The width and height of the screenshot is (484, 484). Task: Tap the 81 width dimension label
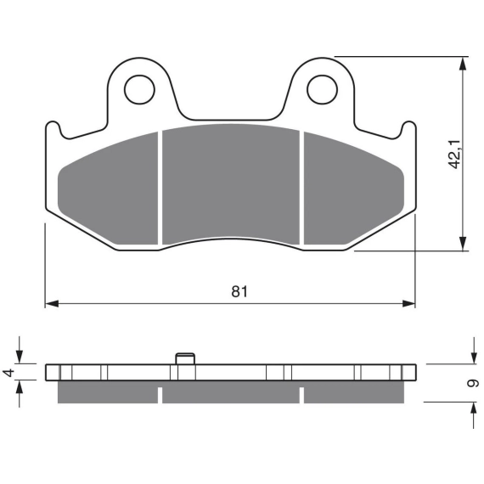(239, 291)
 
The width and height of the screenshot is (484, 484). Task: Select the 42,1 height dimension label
(454, 155)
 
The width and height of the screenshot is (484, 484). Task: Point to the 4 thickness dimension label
(8, 373)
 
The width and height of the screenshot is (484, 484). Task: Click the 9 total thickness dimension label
(473, 383)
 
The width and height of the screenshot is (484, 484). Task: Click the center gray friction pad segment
(231, 184)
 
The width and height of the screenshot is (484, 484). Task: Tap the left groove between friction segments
(160, 189)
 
